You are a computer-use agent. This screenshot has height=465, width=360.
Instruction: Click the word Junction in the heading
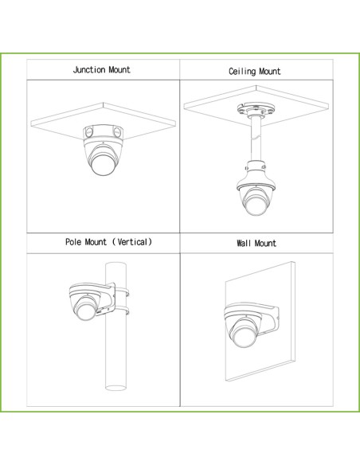pos(89,70)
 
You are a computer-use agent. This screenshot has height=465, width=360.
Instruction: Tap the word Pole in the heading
pos(73,242)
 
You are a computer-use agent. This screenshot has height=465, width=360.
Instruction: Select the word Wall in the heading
pos(244,243)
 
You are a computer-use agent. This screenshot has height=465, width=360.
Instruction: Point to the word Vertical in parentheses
pos(132,242)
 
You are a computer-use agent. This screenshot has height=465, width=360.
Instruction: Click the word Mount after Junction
pos(119,70)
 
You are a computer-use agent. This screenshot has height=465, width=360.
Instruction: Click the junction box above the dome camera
pos(104,132)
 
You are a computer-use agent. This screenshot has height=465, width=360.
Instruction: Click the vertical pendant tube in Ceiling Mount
pos(256,139)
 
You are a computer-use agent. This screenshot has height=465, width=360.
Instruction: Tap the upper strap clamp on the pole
pos(122,291)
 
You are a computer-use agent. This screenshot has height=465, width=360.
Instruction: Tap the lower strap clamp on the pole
pos(122,311)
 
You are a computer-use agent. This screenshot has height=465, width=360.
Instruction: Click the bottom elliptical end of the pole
pos(115,388)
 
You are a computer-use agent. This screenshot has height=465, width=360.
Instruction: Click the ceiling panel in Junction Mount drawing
pos(104,122)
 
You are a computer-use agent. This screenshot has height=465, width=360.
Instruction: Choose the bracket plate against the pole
pos(111,298)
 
